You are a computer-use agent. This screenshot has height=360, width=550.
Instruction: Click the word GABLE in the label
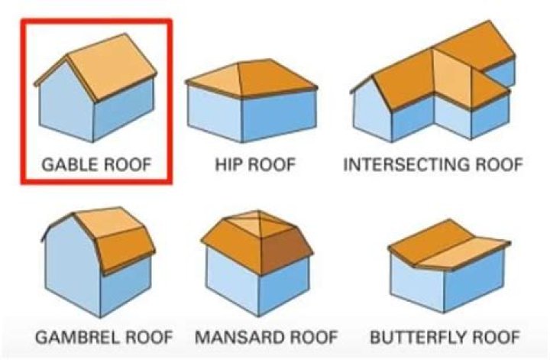pyautogui.click(x=69, y=164)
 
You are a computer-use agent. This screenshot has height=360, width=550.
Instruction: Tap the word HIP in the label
pyautogui.click(x=228, y=164)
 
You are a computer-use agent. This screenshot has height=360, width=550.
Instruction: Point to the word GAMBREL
pyautogui.click(x=77, y=337)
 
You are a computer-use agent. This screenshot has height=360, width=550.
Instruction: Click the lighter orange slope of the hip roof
pyautogui.click(x=214, y=79)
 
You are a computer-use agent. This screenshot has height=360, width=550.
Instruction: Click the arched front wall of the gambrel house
pyautogui.click(x=72, y=267)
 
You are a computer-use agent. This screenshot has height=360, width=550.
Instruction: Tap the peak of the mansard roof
pyautogui.click(x=258, y=211)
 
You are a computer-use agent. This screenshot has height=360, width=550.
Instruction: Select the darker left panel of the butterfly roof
pyautogui.click(x=432, y=242)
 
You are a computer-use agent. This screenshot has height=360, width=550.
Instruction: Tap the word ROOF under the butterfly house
pyautogui.click(x=497, y=337)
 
